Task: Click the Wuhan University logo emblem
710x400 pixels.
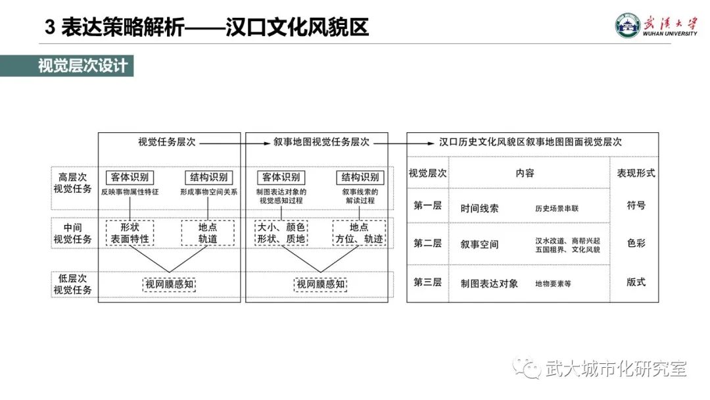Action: pyautogui.click(x=627, y=26)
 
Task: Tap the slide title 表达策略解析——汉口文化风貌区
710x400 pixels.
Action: pyautogui.click(x=207, y=27)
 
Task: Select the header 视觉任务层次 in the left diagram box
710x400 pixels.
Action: pyautogui.click(x=166, y=141)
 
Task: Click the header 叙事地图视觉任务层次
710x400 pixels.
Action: pyautogui.click(x=321, y=141)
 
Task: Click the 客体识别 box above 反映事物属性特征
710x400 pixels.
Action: pyautogui.click(x=130, y=178)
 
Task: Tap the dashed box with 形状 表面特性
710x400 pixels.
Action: pyautogui.click(x=130, y=233)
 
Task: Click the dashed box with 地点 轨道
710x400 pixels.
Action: pyautogui.click(x=208, y=233)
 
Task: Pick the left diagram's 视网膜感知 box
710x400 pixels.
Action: pyautogui.click(x=170, y=284)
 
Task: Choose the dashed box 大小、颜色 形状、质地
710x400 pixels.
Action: pyautogui.click(x=281, y=233)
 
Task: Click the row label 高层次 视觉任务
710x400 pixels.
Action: pyautogui.click(x=72, y=184)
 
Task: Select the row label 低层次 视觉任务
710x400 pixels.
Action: pyautogui.click(x=72, y=284)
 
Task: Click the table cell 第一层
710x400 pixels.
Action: pyautogui.click(x=427, y=206)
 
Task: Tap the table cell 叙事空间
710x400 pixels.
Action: pyautogui.click(x=479, y=244)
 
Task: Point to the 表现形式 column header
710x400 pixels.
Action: pyautogui.click(x=635, y=174)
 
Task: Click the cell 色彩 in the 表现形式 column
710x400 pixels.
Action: pyautogui.click(x=635, y=243)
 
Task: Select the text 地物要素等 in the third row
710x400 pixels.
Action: pyautogui.click(x=553, y=284)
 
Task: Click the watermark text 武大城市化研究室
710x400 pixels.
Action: pyautogui.click(x=615, y=369)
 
